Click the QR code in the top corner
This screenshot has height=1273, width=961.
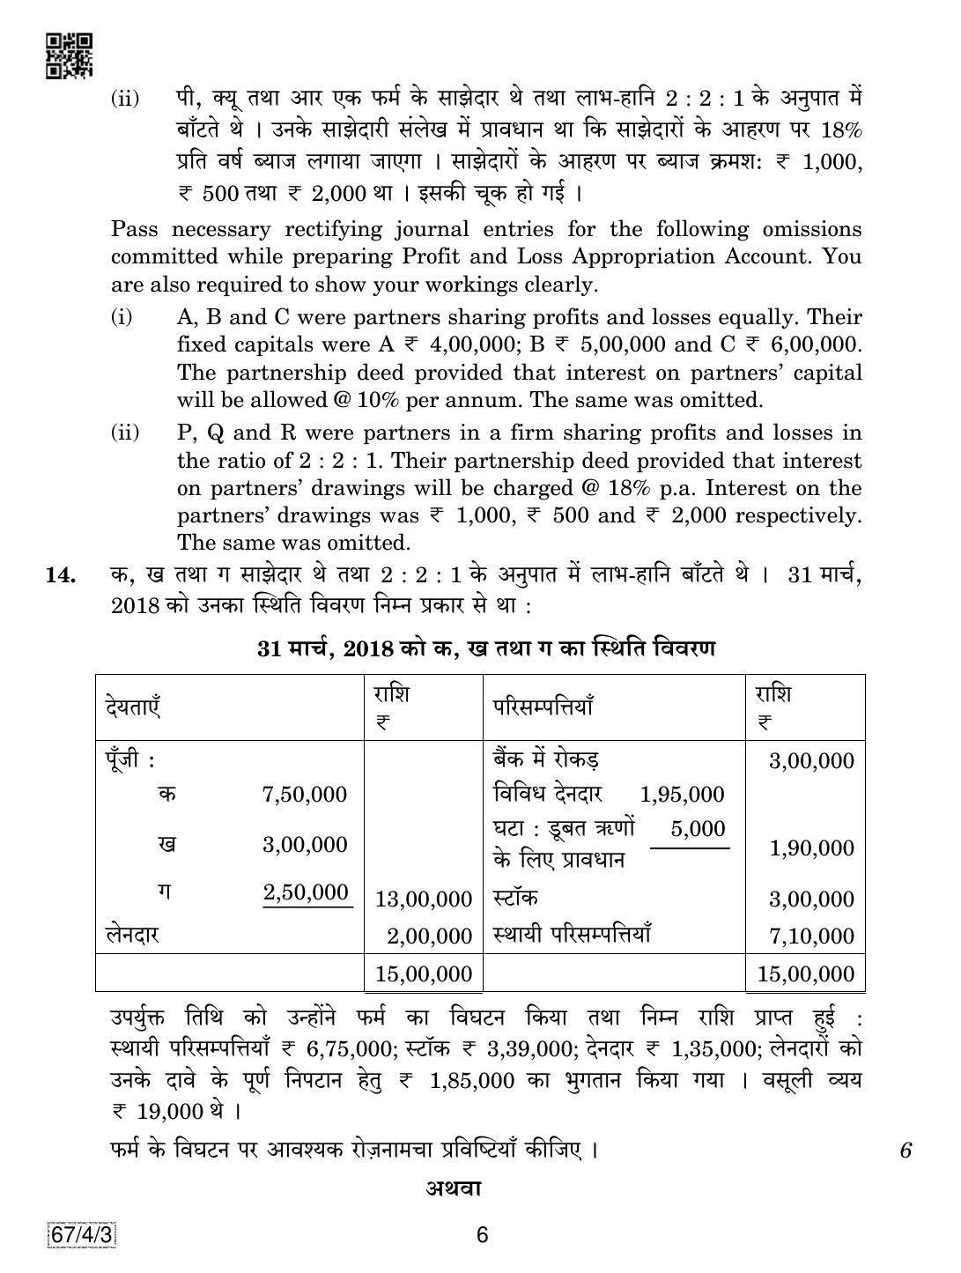68,56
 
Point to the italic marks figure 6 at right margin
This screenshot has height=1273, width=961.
905,1151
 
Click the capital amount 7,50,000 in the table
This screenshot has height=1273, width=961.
305,795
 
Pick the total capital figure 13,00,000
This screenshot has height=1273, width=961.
424,899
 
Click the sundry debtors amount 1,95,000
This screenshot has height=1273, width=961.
683,795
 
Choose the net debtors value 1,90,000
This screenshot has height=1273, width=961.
811,848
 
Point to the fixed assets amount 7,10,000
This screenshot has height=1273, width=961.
811,937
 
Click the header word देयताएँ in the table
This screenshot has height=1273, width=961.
132,707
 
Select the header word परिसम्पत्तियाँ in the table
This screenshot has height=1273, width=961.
543,707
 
